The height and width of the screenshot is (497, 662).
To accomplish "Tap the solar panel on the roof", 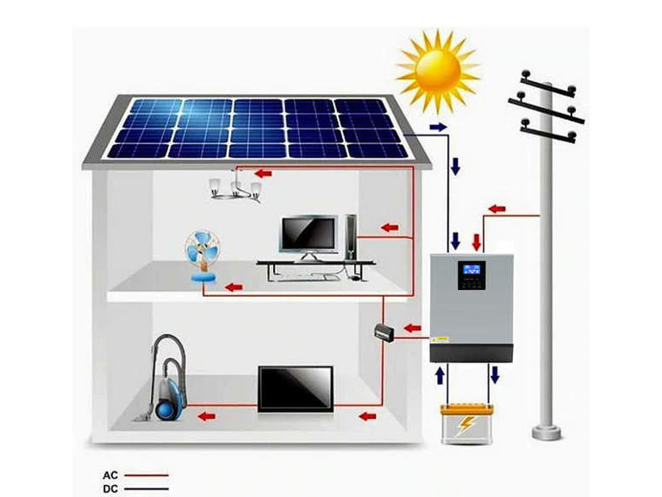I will [257, 128].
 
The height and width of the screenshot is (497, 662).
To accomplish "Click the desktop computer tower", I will [351, 235].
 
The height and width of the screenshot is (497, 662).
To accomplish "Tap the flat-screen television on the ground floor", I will [295, 387].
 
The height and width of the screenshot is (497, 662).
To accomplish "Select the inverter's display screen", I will [470, 268].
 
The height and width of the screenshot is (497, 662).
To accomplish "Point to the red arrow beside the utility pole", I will [500, 209].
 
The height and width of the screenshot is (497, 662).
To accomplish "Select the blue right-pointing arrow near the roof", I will [439, 128].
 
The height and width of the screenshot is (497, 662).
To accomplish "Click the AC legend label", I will [109, 475].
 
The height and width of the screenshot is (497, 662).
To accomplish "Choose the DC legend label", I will [109, 488].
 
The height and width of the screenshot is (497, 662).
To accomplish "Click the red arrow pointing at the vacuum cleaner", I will [205, 416].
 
